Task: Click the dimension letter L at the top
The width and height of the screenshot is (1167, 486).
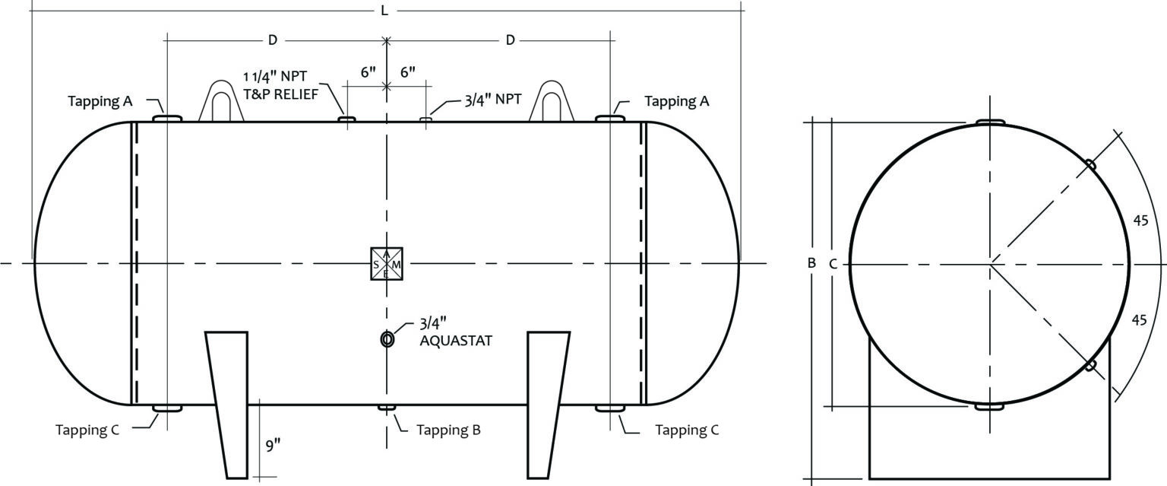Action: pos(384,11)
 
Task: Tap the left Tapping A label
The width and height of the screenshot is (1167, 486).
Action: pos(100,101)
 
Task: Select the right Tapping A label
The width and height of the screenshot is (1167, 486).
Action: pos(677,101)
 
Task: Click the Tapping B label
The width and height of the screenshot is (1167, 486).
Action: pos(448,430)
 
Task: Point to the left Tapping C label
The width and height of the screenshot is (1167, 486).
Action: pos(87,430)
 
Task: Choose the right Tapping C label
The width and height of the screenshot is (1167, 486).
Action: pos(687,430)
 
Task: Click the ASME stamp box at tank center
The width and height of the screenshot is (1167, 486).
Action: pos(386,264)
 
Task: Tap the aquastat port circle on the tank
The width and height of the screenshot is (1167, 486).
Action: pos(387,338)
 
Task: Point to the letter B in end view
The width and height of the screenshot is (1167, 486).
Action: pos(811,263)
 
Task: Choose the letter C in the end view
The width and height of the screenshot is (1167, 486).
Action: pos(833,264)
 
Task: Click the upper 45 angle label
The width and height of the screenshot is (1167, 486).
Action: pos(1140,221)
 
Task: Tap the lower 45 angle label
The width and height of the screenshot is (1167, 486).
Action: pos(1140,319)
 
